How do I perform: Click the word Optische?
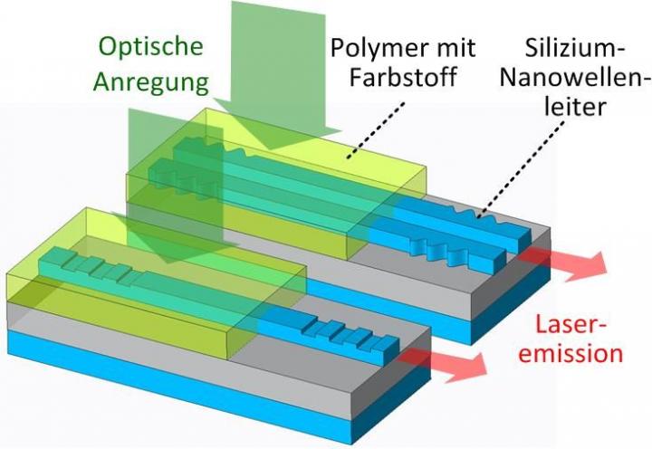click(x=151, y=46)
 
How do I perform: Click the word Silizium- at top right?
click(x=560, y=45)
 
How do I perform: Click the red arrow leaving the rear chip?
click(x=566, y=263)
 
